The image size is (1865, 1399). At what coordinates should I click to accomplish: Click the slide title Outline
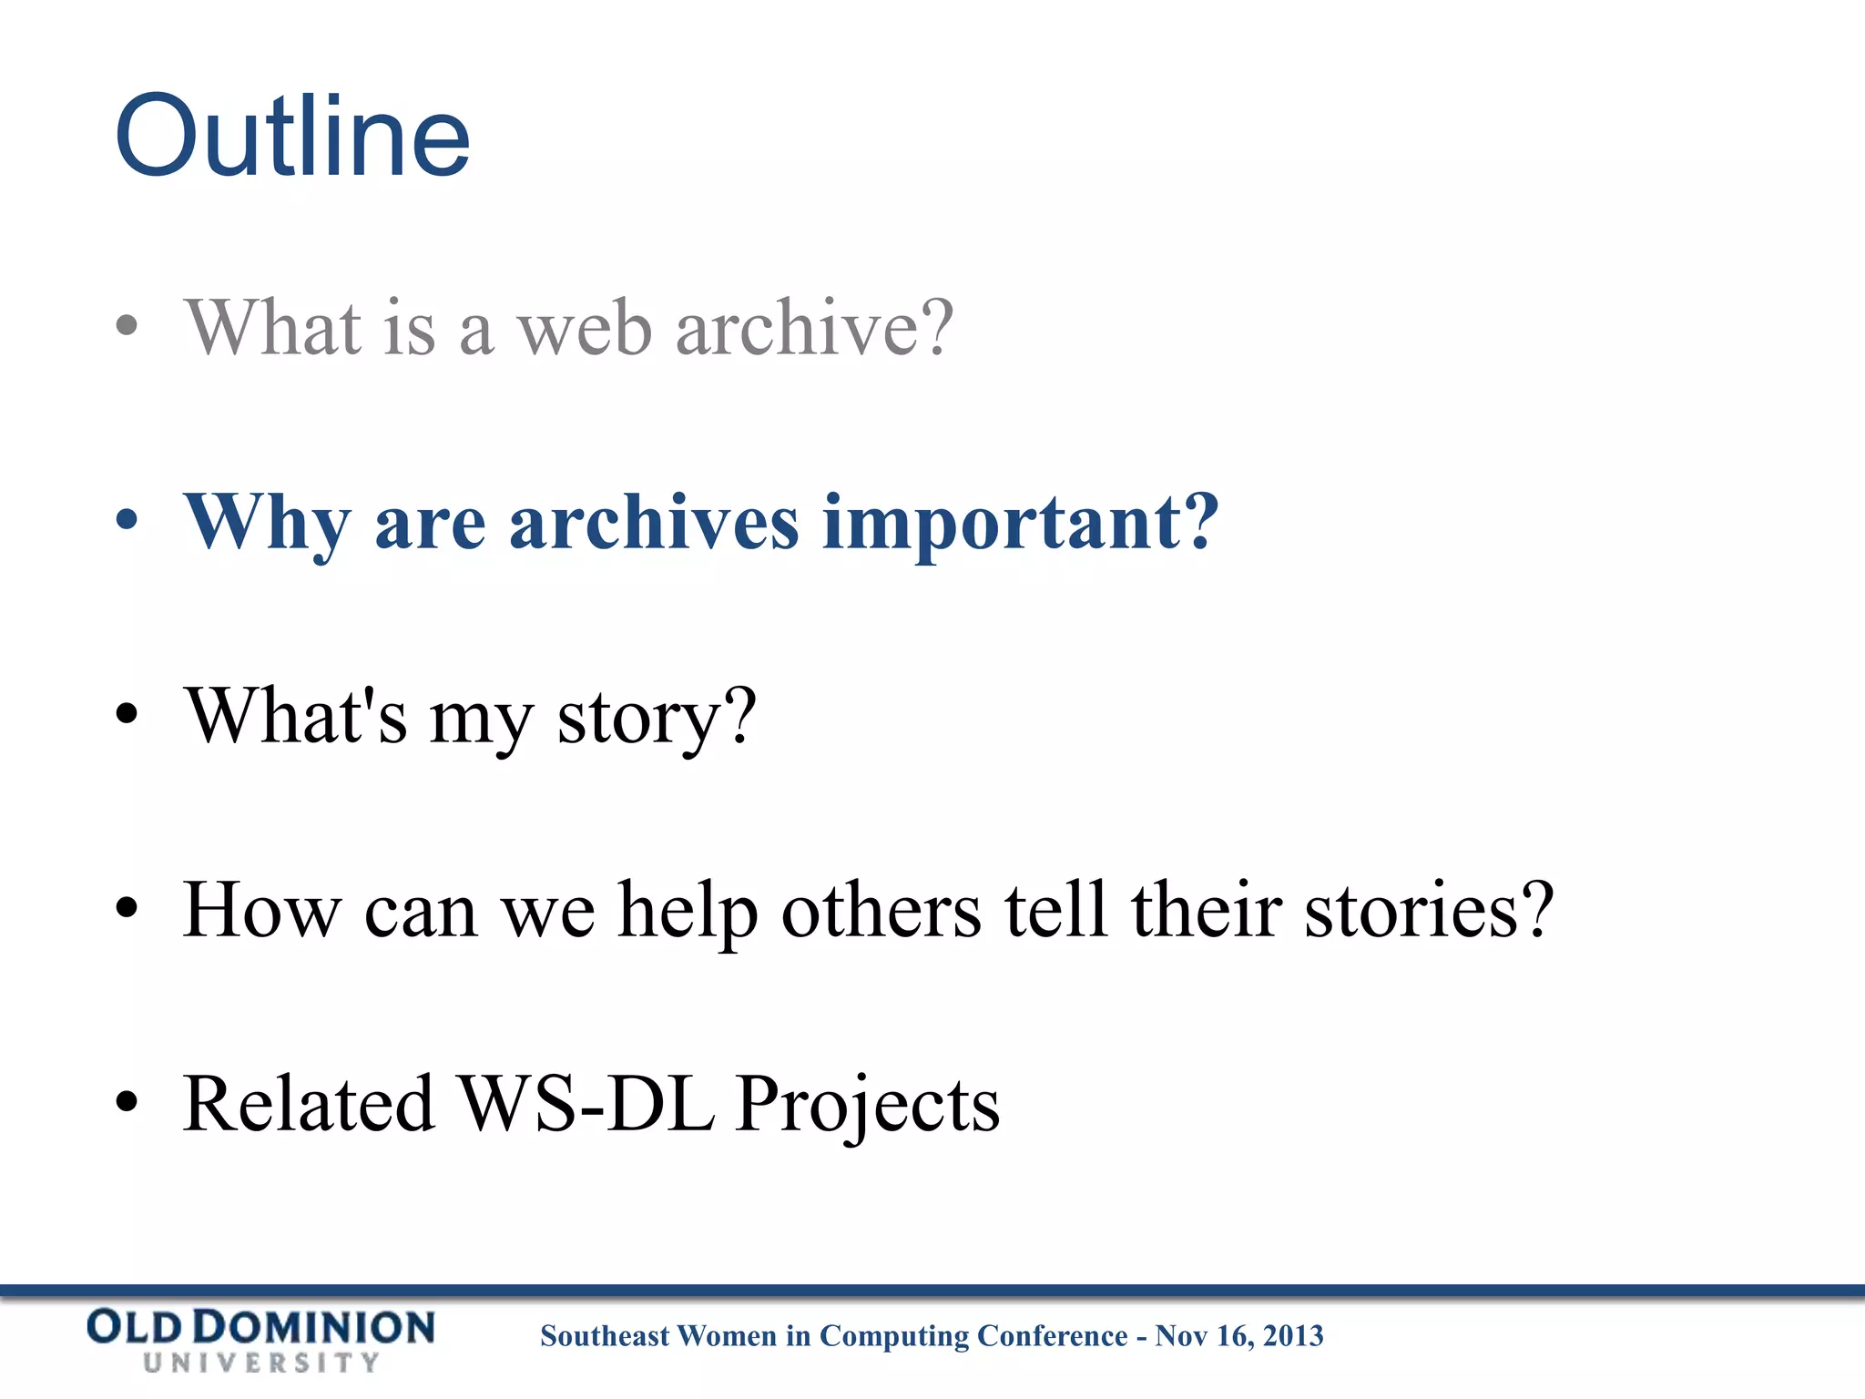coord(292,137)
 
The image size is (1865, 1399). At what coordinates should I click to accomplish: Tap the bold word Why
coord(267,523)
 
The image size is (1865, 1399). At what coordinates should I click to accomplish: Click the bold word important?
coord(1020,523)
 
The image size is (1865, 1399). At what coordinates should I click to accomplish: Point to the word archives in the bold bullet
coord(654,523)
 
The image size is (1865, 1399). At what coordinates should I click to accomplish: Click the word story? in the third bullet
coord(657,718)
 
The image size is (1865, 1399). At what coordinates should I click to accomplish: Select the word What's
coord(296,716)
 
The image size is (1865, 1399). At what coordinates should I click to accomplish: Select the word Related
coord(309,1104)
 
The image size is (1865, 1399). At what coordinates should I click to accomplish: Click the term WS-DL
coord(586,1104)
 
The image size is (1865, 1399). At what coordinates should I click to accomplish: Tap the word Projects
coord(868,1106)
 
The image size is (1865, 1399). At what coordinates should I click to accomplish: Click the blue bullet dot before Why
coord(127,521)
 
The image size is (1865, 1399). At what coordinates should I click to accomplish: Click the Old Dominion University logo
coord(260,1339)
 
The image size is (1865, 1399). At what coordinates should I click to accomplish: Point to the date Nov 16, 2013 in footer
coord(1238,1335)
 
